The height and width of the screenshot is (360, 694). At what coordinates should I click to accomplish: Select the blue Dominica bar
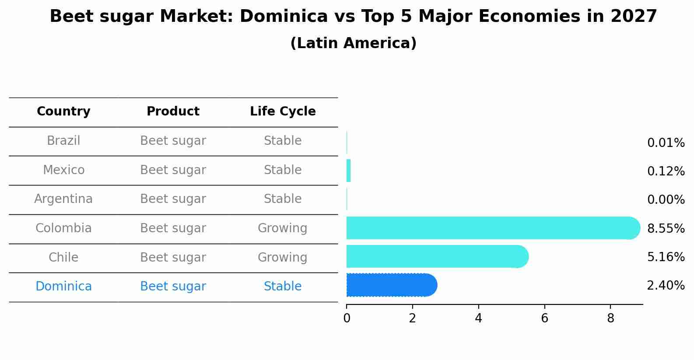click(x=391, y=285)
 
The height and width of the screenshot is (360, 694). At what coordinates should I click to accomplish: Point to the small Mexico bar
click(x=349, y=171)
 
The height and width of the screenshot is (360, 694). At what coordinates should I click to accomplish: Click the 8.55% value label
click(x=666, y=228)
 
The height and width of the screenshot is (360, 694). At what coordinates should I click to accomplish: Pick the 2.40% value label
click(x=666, y=286)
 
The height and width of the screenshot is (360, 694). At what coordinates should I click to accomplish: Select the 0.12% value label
click(x=666, y=171)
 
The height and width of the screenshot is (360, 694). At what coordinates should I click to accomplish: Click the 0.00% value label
click(x=666, y=200)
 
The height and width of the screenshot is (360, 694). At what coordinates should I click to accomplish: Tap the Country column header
click(x=63, y=112)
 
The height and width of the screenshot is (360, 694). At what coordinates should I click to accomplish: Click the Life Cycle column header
click(x=283, y=112)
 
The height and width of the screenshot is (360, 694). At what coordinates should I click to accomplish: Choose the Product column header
click(x=173, y=112)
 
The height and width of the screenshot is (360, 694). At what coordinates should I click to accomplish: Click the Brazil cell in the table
click(x=63, y=141)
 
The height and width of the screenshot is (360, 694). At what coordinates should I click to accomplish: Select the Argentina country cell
click(x=63, y=199)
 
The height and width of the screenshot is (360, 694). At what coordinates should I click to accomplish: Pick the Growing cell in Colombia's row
click(x=282, y=228)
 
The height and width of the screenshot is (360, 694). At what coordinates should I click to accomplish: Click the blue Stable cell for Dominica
click(x=282, y=287)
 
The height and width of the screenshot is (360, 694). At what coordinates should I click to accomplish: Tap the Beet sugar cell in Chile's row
click(x=173, y=257)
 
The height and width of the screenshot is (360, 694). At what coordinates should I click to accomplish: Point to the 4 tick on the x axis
click(x=478, y=318)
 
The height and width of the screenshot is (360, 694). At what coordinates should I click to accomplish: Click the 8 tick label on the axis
click(x=610, y=318)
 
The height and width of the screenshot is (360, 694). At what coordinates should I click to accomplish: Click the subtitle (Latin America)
click(x=353, y=43)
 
